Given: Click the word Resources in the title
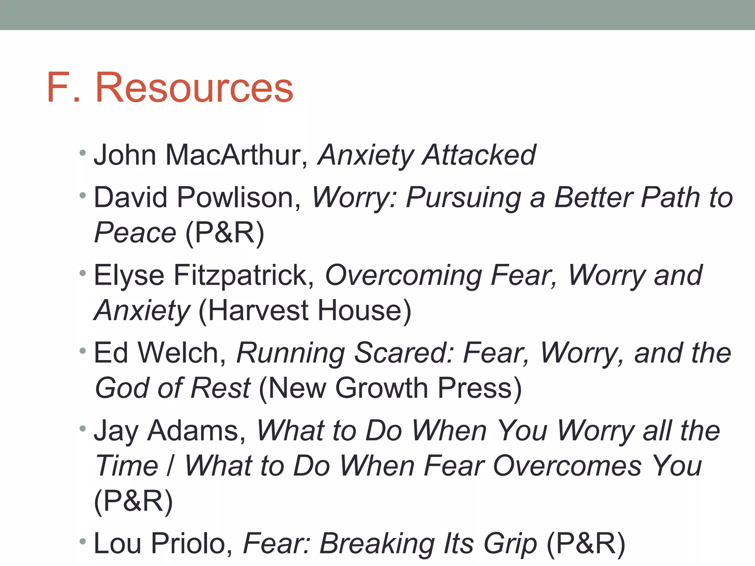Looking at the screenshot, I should (194, 88).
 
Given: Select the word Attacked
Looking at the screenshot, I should (479, 155).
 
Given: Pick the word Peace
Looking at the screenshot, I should (135, 233).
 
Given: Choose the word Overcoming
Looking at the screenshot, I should (403, 276).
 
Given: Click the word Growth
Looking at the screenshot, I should (382, 388).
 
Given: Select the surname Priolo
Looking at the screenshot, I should (192, 544).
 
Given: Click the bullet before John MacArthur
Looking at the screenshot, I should (83, 153).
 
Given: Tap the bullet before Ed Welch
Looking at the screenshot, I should (83, 350).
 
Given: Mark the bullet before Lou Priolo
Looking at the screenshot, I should (83, 541).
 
